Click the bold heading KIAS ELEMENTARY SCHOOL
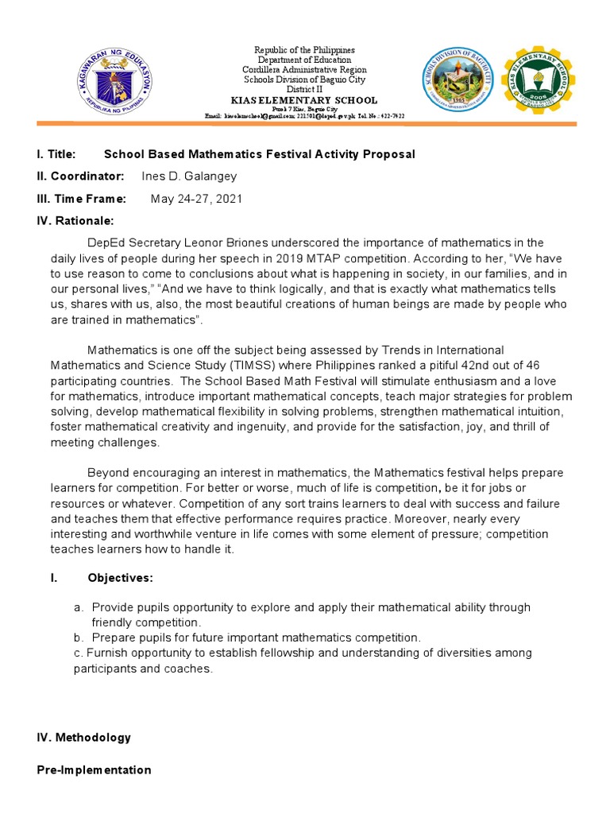(x=304, y=100)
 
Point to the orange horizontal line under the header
(x=304, y=123)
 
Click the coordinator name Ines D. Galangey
(x=189, y=176)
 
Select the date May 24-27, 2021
(x=197, y=198)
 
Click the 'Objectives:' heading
(x=121, y=577)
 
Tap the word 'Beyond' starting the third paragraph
(x=108, y=472)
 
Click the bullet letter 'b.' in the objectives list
(x=78, y=638)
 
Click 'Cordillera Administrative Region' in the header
(x=304, y=70)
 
